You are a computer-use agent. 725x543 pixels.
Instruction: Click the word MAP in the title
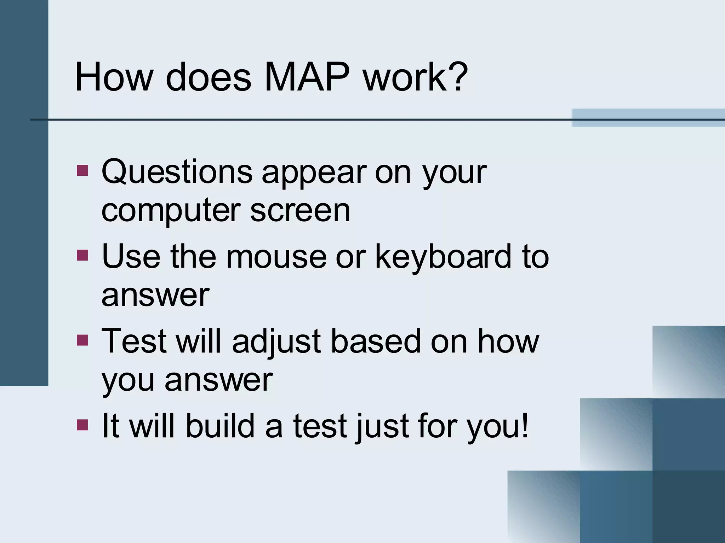click(307, 77)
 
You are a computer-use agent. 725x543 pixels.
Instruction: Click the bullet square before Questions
click(82, 171)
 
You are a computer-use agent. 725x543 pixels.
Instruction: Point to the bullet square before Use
click(82, 255)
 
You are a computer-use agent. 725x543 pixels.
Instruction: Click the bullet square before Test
click(82, 340)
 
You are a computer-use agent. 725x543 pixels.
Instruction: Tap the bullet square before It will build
click(82, 425)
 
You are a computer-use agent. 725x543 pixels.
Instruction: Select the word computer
click(171, 211)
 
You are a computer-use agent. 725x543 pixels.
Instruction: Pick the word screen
click(300, 211)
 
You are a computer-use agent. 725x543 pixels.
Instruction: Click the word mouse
click(276, 257)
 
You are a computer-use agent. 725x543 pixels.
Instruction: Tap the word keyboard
click(443, 257)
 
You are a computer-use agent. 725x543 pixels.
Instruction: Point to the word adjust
click(276, 341)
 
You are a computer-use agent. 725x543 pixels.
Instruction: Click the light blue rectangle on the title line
click(648, 117)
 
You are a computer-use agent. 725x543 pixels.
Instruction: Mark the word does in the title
click(209, 77)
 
